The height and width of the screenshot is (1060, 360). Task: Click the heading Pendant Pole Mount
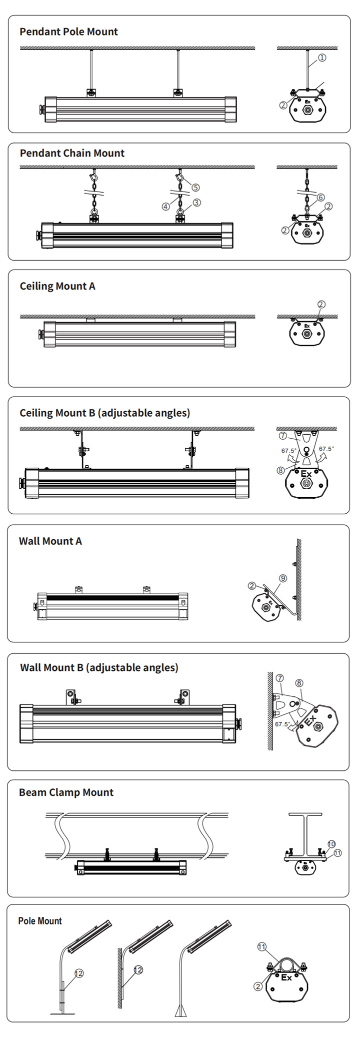pyautogui.click(x=68, y=32)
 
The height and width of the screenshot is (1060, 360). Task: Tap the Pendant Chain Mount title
pyautogui.click(x=72, y=153)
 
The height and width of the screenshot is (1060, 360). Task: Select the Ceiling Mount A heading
pyautogui.click(x=57, y=286)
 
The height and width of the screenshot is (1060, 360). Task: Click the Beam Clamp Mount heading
pyautogui.click(x=66, y=792)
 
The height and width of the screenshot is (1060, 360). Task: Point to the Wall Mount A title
pyautogui.click(x=50, y=541)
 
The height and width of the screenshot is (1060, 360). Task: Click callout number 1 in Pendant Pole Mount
pyautogui.click(x=322, y=58)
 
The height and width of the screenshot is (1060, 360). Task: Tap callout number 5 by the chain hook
pyautogui.click(x=195, y=187)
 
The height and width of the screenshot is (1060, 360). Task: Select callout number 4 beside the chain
pyautogui.click(x=166, y=206)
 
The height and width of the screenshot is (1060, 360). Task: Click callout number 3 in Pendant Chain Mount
pyautogui.click(x=196, y=203)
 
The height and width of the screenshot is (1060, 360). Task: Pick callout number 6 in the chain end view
pyautogui.click(x=320, y=198)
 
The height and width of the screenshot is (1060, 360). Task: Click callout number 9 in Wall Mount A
pyautogui.click(x=283, y=578)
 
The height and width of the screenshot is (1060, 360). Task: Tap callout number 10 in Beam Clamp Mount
pyautogui.click(x=331, y=843)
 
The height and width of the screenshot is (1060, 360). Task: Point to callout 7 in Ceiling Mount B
pyautogui.click(x=283, y=435)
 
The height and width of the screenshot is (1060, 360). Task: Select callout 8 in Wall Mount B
pyautogui.click(x=299, y=682)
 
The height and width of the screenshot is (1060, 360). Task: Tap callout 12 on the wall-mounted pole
pyautogui.click(x=138, y=970)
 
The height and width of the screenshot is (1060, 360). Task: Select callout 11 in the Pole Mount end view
pyautogui.click(x=262, y=946)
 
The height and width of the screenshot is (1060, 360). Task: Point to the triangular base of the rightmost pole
pyautogui.click(x=180, y=1010)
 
